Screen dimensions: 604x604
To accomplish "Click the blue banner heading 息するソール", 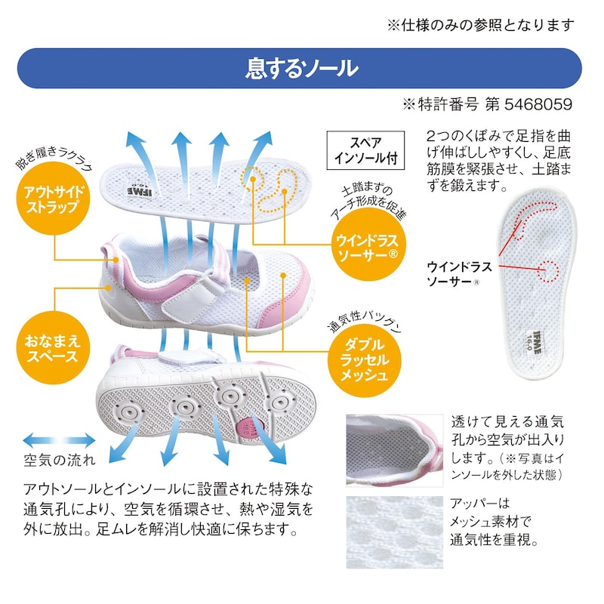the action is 302,69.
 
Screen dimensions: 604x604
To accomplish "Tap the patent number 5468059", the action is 538,104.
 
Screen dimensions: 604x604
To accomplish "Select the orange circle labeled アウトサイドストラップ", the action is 53,199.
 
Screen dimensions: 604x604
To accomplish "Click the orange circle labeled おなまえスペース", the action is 53,347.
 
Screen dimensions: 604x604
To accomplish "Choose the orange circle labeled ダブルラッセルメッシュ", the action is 364,360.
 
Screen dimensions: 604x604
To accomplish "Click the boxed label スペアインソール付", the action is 365,150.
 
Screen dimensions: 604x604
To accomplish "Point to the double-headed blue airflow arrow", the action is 59,440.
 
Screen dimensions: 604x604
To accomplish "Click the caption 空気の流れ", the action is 60,460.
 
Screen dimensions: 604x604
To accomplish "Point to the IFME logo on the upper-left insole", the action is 140,190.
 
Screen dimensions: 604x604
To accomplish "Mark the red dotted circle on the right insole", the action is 547,271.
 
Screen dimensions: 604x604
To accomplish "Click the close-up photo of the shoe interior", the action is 394,450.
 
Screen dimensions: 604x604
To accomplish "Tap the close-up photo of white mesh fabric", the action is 394,532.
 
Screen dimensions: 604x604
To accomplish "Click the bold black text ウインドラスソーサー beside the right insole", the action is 459,274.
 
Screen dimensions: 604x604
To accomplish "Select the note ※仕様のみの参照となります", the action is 481,25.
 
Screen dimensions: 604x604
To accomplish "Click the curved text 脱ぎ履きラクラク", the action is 54,158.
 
